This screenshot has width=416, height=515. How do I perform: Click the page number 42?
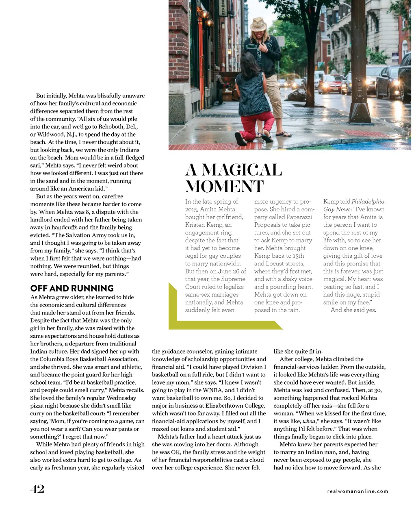37,489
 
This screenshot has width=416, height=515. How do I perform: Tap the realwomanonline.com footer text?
357,491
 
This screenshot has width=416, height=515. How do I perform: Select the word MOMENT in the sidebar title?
225,186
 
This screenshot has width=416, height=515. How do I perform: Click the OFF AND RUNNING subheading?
72,288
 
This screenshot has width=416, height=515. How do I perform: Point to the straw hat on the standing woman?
258,24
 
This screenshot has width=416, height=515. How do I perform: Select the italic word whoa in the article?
309,421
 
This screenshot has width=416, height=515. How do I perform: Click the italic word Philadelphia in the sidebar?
368,202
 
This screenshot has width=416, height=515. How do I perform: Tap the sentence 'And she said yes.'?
353,310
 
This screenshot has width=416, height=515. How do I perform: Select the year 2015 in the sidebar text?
193,209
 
